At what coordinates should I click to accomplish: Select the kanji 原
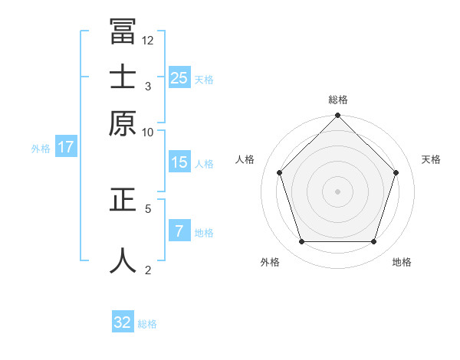(x=123, y=123)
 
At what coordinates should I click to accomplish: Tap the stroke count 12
(x=148, y=40)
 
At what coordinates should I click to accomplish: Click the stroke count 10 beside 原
(x=148, y=132)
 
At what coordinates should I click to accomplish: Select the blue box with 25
(x=179, y=77)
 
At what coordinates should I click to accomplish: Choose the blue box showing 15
(x=179, y=162)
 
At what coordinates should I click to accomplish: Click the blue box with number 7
(x=179, y=231)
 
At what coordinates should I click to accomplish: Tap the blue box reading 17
(x=66, y=148)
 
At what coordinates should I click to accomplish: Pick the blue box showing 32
(x=123, y=322)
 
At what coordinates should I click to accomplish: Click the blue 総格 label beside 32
(x=147, y=324)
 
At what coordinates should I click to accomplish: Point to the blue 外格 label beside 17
(x=41, y=149)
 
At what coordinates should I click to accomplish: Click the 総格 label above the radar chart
(x=338, y=100)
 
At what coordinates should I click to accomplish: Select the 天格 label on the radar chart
(x=432, y=159)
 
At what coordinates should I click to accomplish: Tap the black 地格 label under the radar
(x=402, y=262)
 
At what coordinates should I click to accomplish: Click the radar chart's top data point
(x=337, y=116)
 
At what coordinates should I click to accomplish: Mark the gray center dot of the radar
(x=337, y=191)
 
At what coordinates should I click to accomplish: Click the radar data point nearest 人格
(x=280, y=172)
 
